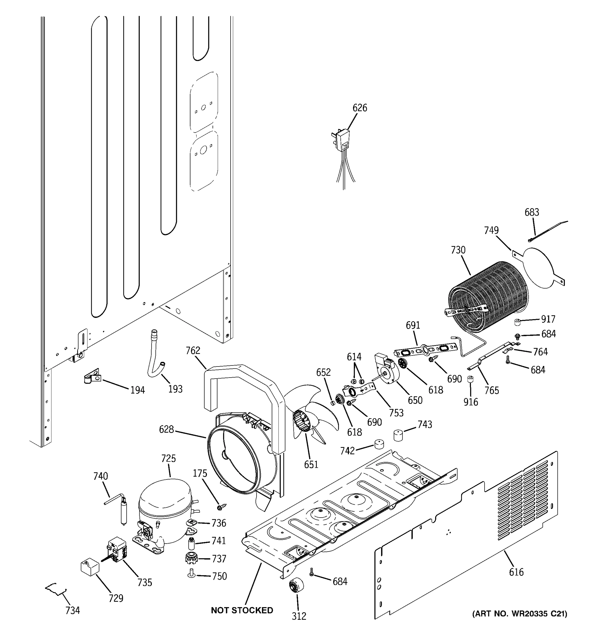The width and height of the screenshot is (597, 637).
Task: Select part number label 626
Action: tap(360, 108)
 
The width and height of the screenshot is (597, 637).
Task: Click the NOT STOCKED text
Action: tap(242, 610)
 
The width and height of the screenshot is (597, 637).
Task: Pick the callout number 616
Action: tap(516, 572)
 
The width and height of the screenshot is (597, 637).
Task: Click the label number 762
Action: tap(193, 351)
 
